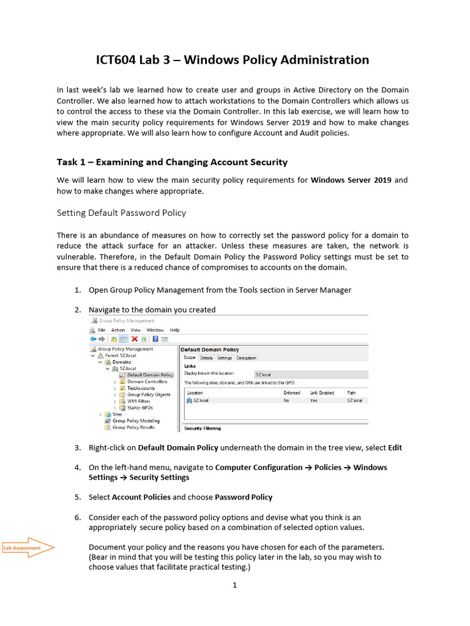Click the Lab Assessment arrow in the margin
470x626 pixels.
pyautogui.click(x=28, y=548)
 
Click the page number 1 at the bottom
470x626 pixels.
pyautogui.click(x=234, y=585)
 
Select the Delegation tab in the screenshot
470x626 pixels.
pyautogui.click(x=247, y=358)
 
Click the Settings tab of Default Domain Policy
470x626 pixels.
pyautogui.click(x=225, y=358)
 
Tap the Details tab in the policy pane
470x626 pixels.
pyautogui.click(x=206, y=358)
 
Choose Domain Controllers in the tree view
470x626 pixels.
pyautogui.click(x=147, y=381)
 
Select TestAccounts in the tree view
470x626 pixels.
pyautogui.click(x=141, y=388)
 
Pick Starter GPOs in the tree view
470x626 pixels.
pyautogui.click(x=140, y=408)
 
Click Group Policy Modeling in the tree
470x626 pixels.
pyautogui.click(x=136, y=421)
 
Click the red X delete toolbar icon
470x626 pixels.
pyautogui.click(x=134, y=339)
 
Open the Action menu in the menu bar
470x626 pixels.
pyautogui.click(x=118, y=330)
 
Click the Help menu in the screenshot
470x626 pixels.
pyautogui.click(x=174, y=330)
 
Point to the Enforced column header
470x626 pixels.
pyautogui.click(x=292, y=392)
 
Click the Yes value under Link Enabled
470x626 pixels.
pyautogui.click(x=313, y=400)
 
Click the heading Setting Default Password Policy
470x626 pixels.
pyautogui.click(x=121, y=213)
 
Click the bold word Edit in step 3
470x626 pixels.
pyautogui.click(x=395, y=447)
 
